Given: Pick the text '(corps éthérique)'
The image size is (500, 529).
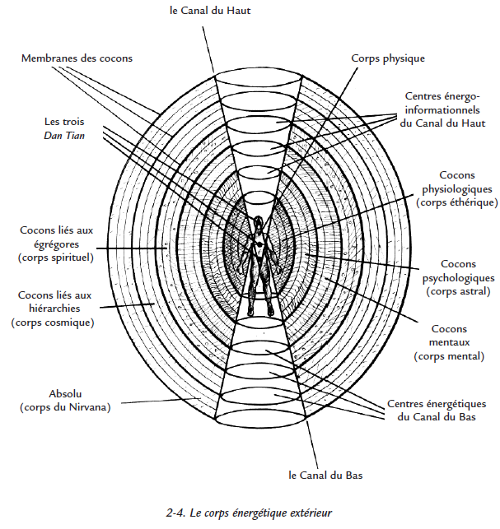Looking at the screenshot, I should (456, 202).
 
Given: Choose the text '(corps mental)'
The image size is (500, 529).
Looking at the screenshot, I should (449, 356).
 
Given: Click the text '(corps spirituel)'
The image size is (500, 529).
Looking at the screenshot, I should (55, 258).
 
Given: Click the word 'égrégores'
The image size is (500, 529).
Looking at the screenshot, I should (56, 244).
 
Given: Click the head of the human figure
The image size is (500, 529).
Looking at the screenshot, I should (259, 221).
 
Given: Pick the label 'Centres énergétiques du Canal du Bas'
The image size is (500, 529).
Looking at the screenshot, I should (434, 411).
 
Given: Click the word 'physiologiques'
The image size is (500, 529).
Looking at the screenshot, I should (456, 189).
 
